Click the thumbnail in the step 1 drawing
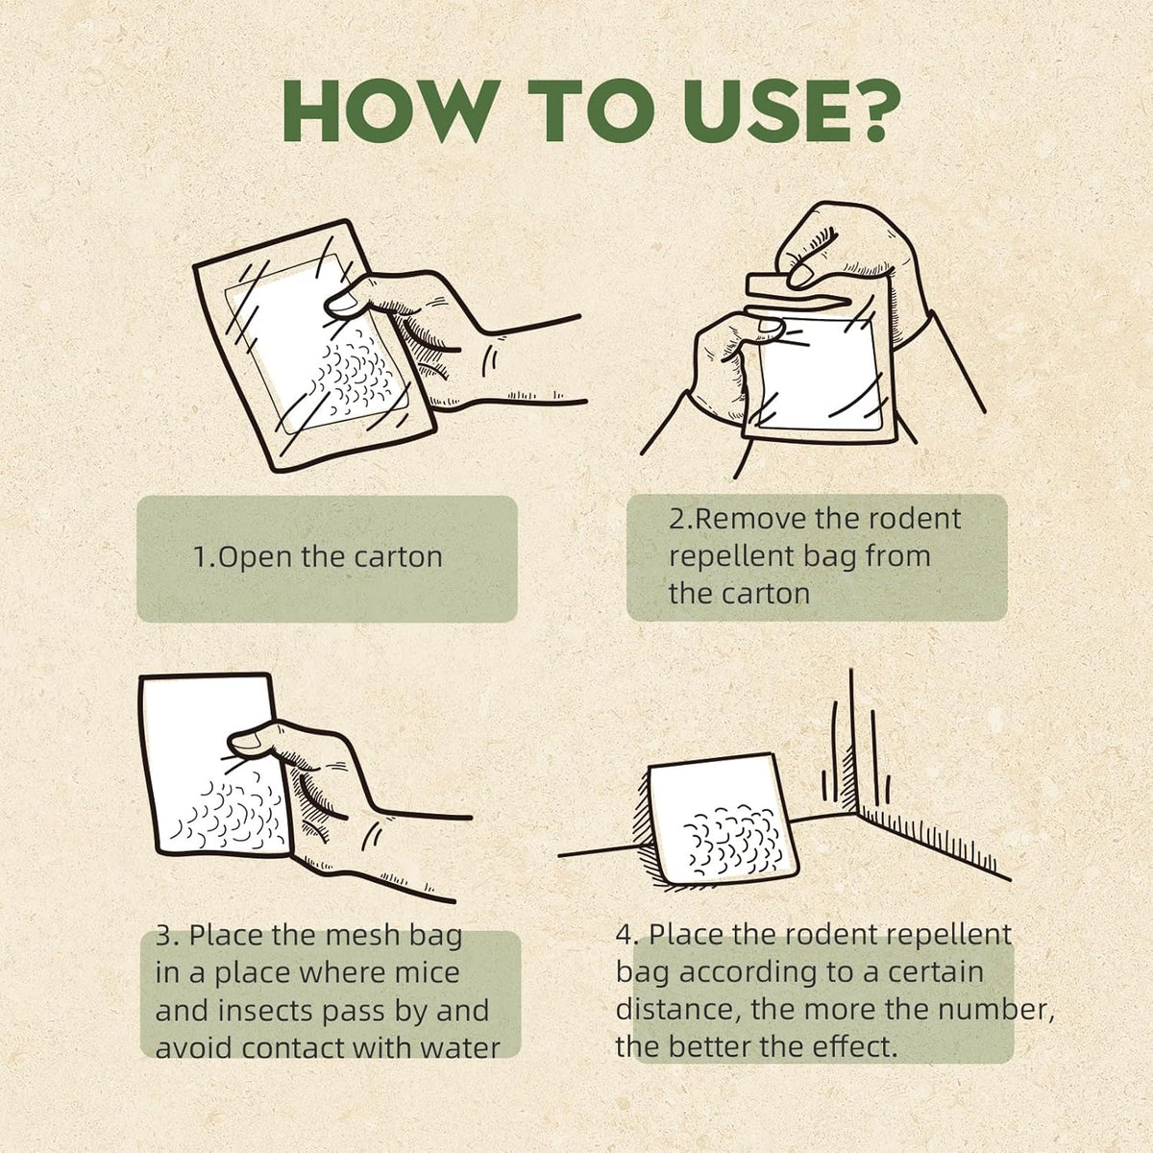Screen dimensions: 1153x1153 tap(344, 307)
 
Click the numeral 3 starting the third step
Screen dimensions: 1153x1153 tap(164, 936)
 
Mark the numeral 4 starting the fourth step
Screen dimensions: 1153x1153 tap(625, 935)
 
